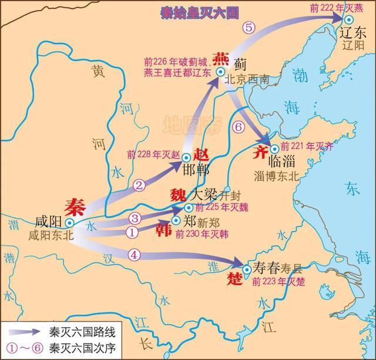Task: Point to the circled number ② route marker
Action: pyautogui.click(x=139, y=186)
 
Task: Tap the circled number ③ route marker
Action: pyautogui.click(x=135, y=218)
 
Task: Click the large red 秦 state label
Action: pyautogui.click(x=76, y=206)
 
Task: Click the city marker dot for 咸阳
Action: pyautogui.click(x=69, y=223)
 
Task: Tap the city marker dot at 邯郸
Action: pyautogui.click(x=186, y=157)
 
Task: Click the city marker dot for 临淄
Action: pyautogui.click(x=274, y=148)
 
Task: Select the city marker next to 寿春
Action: pyautogui.click(x=247, y=269)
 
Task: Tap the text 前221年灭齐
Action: pyautogui.click(x=307, y=146)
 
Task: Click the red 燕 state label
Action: pyautogui.click(x=220, y=59)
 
